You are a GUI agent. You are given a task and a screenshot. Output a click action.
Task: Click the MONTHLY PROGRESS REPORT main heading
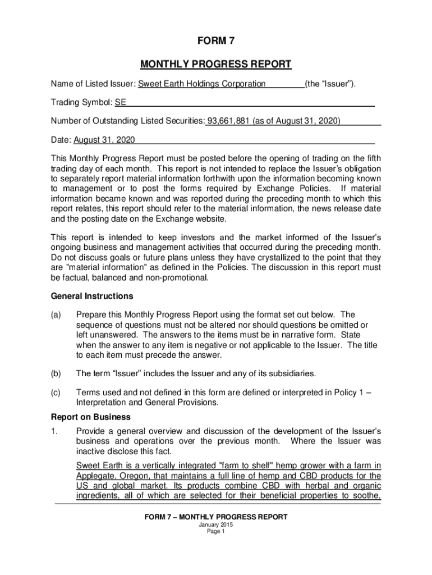(216, 64)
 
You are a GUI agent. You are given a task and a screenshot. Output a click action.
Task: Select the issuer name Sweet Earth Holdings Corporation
(202, 84)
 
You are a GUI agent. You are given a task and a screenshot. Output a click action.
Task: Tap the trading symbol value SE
(120, 103)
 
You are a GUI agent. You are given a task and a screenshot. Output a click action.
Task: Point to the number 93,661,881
(228, 121)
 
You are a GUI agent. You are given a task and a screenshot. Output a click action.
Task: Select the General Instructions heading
(92, 296)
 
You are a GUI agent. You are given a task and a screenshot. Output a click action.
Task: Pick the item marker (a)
(56, 315)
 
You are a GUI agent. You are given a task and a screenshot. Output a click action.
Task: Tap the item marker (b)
(56, 373)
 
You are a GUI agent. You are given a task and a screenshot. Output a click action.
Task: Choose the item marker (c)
(56, 393)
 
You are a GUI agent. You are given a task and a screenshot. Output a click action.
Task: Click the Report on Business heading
(91, 417)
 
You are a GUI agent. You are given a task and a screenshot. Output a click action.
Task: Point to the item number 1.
(54, 431)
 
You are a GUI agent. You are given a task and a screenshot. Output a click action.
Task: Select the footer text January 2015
(216, 525)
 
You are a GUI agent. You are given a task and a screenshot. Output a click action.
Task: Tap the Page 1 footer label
(216, 532)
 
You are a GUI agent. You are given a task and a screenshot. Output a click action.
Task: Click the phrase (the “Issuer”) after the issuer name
(330, 84)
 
